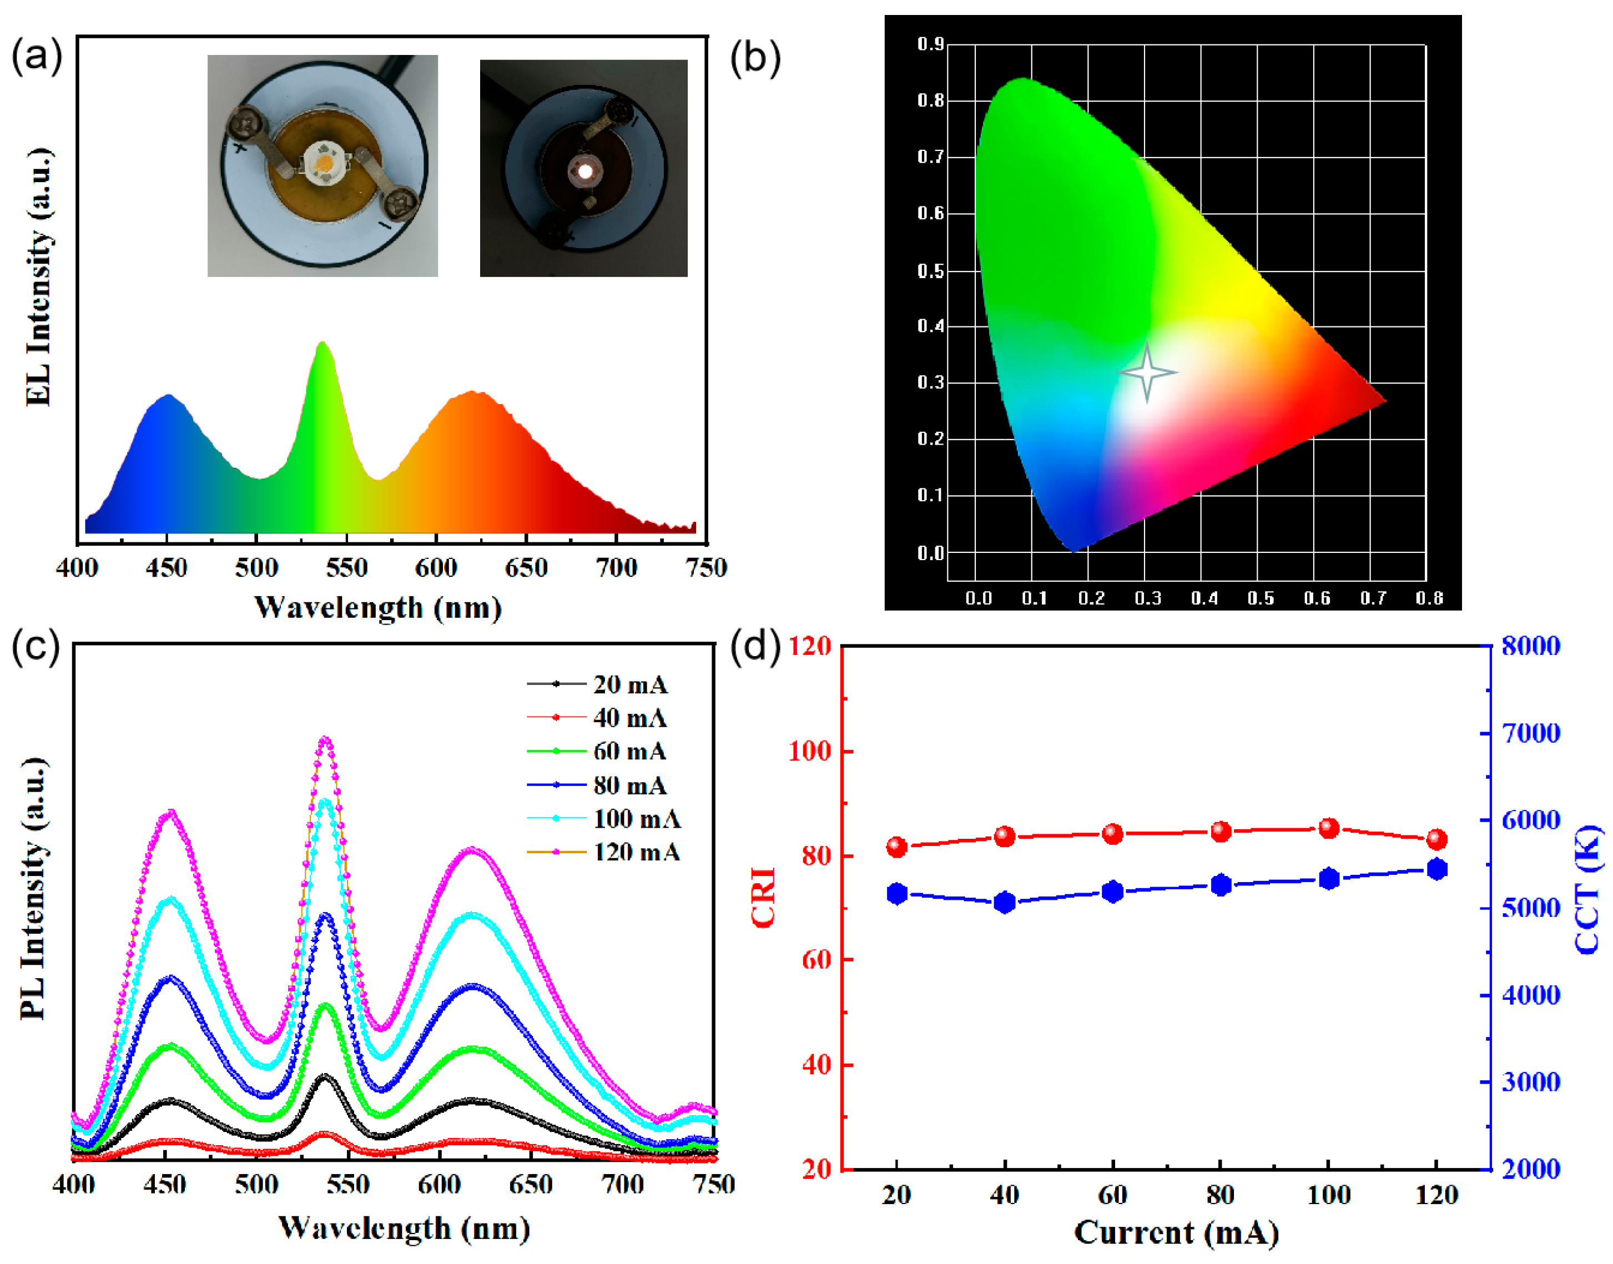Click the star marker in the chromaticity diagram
[x=1147, y=372]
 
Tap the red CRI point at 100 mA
[x=1329, y=828]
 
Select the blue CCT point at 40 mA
[x=1005, y=903]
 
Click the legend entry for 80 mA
[x=629, y=785]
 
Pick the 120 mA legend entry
[x=636, y=853]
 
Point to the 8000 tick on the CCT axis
[x=1530, y=646]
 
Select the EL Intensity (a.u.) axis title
[x=38, y=278]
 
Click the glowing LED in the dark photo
[x=584, y=172]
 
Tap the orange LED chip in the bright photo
[x=324, y=162]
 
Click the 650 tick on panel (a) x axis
[x=526, y=568]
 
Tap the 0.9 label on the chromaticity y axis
[x=930, y=44]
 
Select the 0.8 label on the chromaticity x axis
[x=1429, y=598]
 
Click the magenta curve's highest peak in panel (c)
[x=325, y=740]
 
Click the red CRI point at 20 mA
[x=897, y=847]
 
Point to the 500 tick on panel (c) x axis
[x=257, y=1185]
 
